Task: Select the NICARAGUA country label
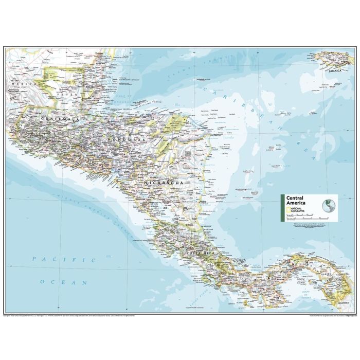[x=164, y=183]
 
